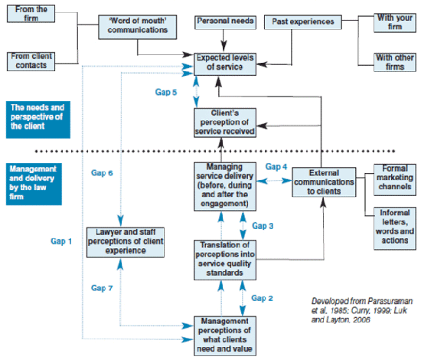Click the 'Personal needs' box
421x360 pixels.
223,21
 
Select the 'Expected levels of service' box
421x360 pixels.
220,63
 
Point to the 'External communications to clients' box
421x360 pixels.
325,182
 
